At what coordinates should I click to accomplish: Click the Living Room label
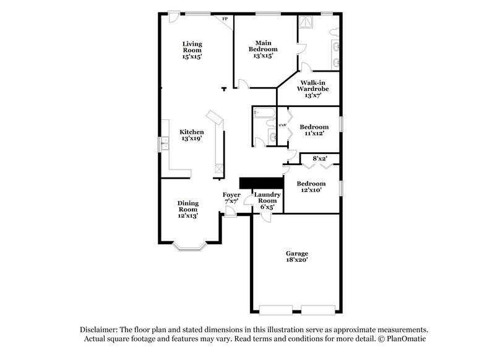(x=192, y=49)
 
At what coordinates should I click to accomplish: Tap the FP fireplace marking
(x=225, y=19)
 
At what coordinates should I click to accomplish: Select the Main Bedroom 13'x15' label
(x=263, y=49)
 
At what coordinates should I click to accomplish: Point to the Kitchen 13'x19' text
(x=192, y=135)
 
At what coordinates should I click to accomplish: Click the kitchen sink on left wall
(x=165, y=144)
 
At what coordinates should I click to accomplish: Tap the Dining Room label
(x=188, y=210)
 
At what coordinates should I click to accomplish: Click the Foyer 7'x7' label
(x=231, y=198)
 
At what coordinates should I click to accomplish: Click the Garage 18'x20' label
(x=297, y=257)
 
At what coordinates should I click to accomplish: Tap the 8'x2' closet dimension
(x=319, y=159)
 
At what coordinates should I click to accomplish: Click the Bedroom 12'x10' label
(x=311, y=187)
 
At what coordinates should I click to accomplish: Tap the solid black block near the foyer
(x=260, y=182)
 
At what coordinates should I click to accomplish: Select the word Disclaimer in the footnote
(x=98, y=330)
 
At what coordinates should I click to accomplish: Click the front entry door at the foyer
(x=230, y=214)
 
